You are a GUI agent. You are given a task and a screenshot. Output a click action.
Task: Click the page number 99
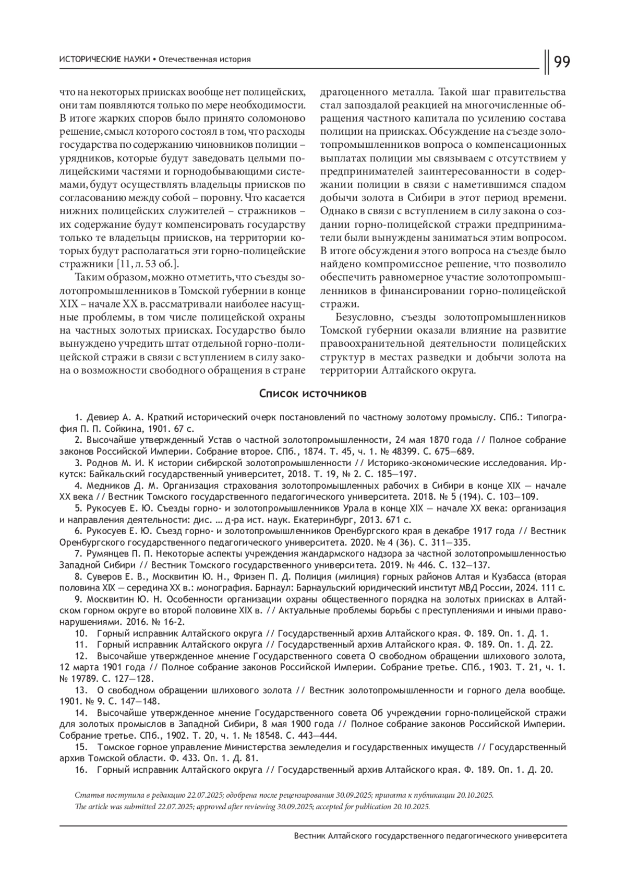[561, 62]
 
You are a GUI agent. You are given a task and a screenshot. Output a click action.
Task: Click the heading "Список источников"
[312, 393]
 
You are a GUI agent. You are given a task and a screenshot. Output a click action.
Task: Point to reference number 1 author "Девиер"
[102, 418]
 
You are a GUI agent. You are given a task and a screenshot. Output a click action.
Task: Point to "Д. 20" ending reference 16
[542, 770]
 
